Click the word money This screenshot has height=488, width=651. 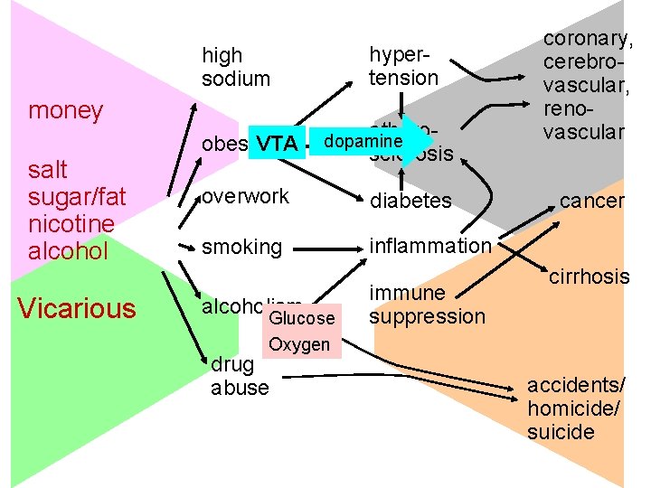pyautogui.click(x=65, y=111)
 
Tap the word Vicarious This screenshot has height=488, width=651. pyautogui.click(x=77, y=309)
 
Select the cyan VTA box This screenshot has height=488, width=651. pyautogui.click(x=276, y=144)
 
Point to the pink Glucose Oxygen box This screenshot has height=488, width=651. pyautogui.click(x=302, y=332)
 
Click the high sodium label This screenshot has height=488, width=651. pyautogui.click(x=235, y=68)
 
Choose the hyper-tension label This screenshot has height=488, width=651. pyautogui.click(x=402, y=66)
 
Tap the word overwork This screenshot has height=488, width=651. pyautogui.click(x=245, y=196)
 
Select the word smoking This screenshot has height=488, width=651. pyautogui.click(x=241, y=246)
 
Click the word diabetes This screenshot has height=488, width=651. pyautogui.click(x=410, y=201)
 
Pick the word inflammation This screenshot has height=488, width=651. pyautogui.click(x=429, y=246)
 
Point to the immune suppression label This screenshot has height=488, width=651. pyautogui.click(x=427, y=305)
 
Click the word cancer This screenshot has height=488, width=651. pyautogui.click(x=591, y=201)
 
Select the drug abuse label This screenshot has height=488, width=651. pyautogui.click(x=240, y=376)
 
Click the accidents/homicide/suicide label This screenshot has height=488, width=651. pyautogui.click(x=573, y=408)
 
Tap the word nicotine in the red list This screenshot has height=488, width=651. pyautogui.click(x=71, y=223)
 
